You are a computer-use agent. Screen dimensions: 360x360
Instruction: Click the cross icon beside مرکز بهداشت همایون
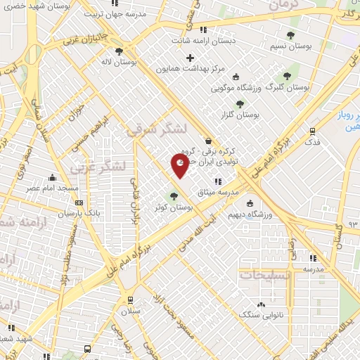click(x=190, y=57)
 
